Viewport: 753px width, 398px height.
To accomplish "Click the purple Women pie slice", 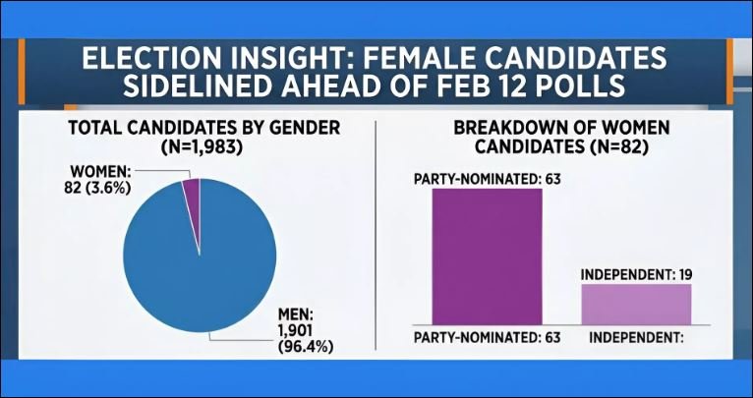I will tap(192, 200).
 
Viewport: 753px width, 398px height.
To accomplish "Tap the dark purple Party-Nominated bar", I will tap(488, 255).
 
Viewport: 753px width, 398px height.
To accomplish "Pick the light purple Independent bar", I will tap(636, 304).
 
